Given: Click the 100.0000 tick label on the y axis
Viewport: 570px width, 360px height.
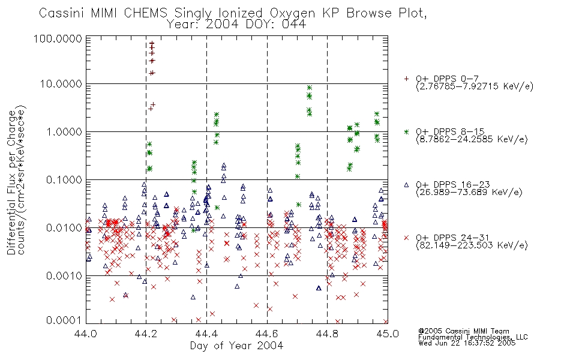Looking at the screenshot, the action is [58, 39].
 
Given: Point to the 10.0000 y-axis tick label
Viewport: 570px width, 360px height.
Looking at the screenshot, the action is [61, 84].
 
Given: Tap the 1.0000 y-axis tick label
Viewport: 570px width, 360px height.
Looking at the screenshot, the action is [64, 132].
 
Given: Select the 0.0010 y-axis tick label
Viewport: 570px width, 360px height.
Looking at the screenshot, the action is [64, 276].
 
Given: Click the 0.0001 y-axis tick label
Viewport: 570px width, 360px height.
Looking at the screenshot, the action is [64, 320].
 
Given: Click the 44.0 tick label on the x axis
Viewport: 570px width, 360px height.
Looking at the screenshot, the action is [86, 334].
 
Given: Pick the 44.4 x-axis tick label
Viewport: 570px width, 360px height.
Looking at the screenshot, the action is [206, 334].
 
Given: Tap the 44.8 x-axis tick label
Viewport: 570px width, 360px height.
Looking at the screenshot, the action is [327, 334].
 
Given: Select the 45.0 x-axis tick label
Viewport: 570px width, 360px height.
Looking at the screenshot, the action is [388, 334].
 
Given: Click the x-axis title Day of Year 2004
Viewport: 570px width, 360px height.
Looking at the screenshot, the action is [236, 346].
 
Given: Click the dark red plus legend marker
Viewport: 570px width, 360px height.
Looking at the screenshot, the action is [406, 79].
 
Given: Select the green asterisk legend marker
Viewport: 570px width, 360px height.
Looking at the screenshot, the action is [406, 131].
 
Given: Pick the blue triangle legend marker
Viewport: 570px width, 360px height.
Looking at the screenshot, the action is [406, 185].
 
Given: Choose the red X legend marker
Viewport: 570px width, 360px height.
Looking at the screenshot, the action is [406, 238].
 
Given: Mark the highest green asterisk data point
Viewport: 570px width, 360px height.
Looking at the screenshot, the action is [310, 88].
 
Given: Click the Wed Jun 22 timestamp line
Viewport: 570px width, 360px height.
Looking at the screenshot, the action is [467, 343].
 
